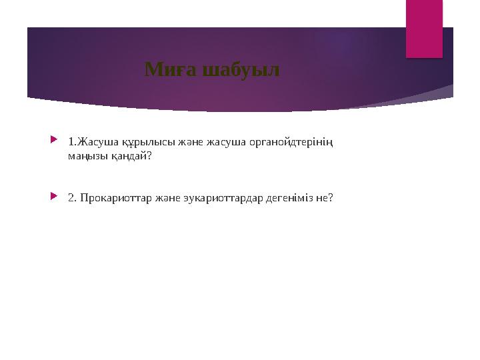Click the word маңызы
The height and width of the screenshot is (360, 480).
[85, 157]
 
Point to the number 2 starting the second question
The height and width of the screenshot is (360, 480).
[71, 198]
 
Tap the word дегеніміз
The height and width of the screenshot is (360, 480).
[291, 198]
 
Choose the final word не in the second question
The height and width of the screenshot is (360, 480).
[323, 198]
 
